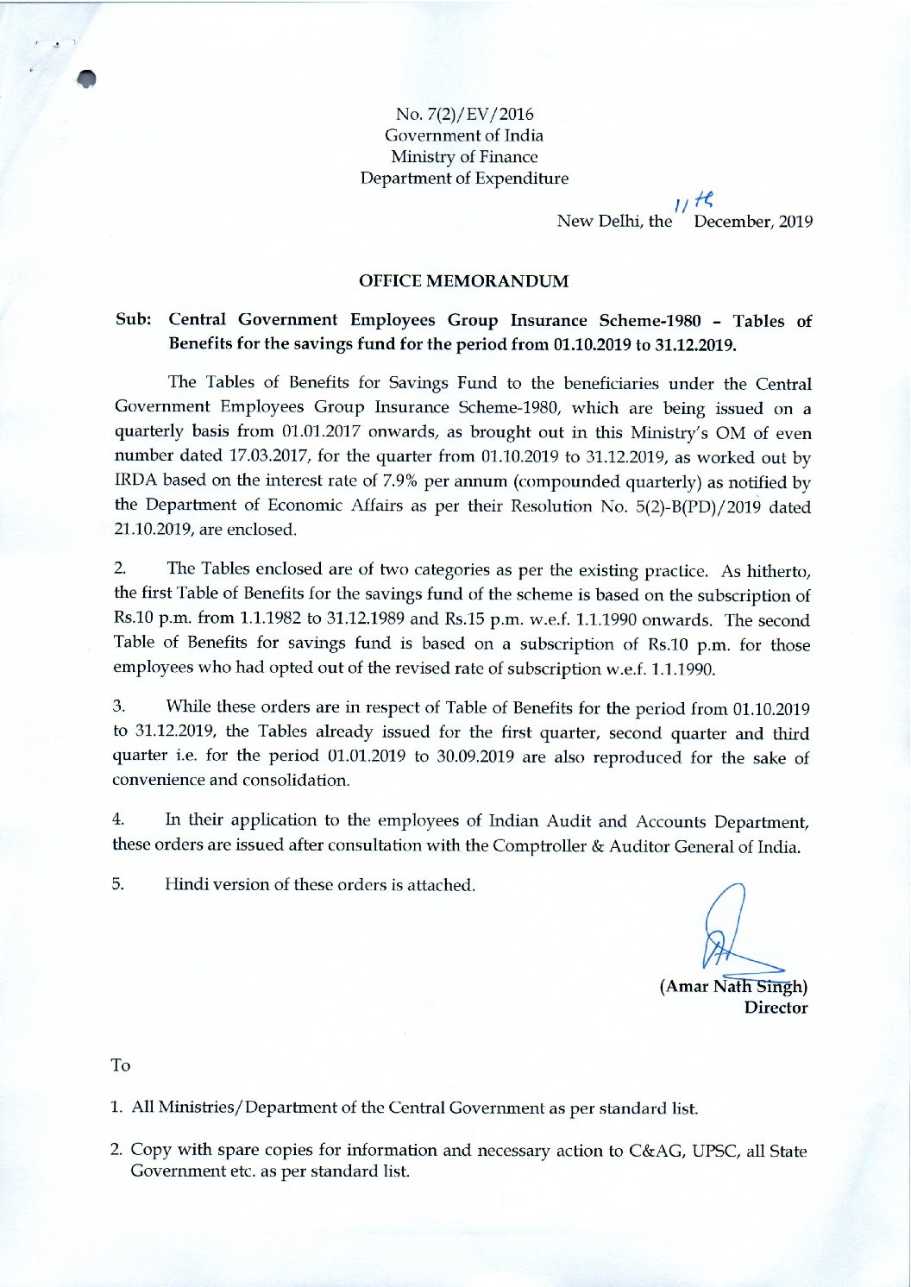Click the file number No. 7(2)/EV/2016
[464, 114]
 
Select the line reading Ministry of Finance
[464, 157]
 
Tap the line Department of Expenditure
[464, 179]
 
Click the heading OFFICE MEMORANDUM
[463, 281]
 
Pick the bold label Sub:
[134, 320]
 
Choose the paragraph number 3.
[119, 707]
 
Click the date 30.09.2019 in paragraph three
[474, 757]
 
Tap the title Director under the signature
[776, 1008]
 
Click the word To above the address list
[121, 1066]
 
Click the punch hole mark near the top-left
[85, 78]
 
